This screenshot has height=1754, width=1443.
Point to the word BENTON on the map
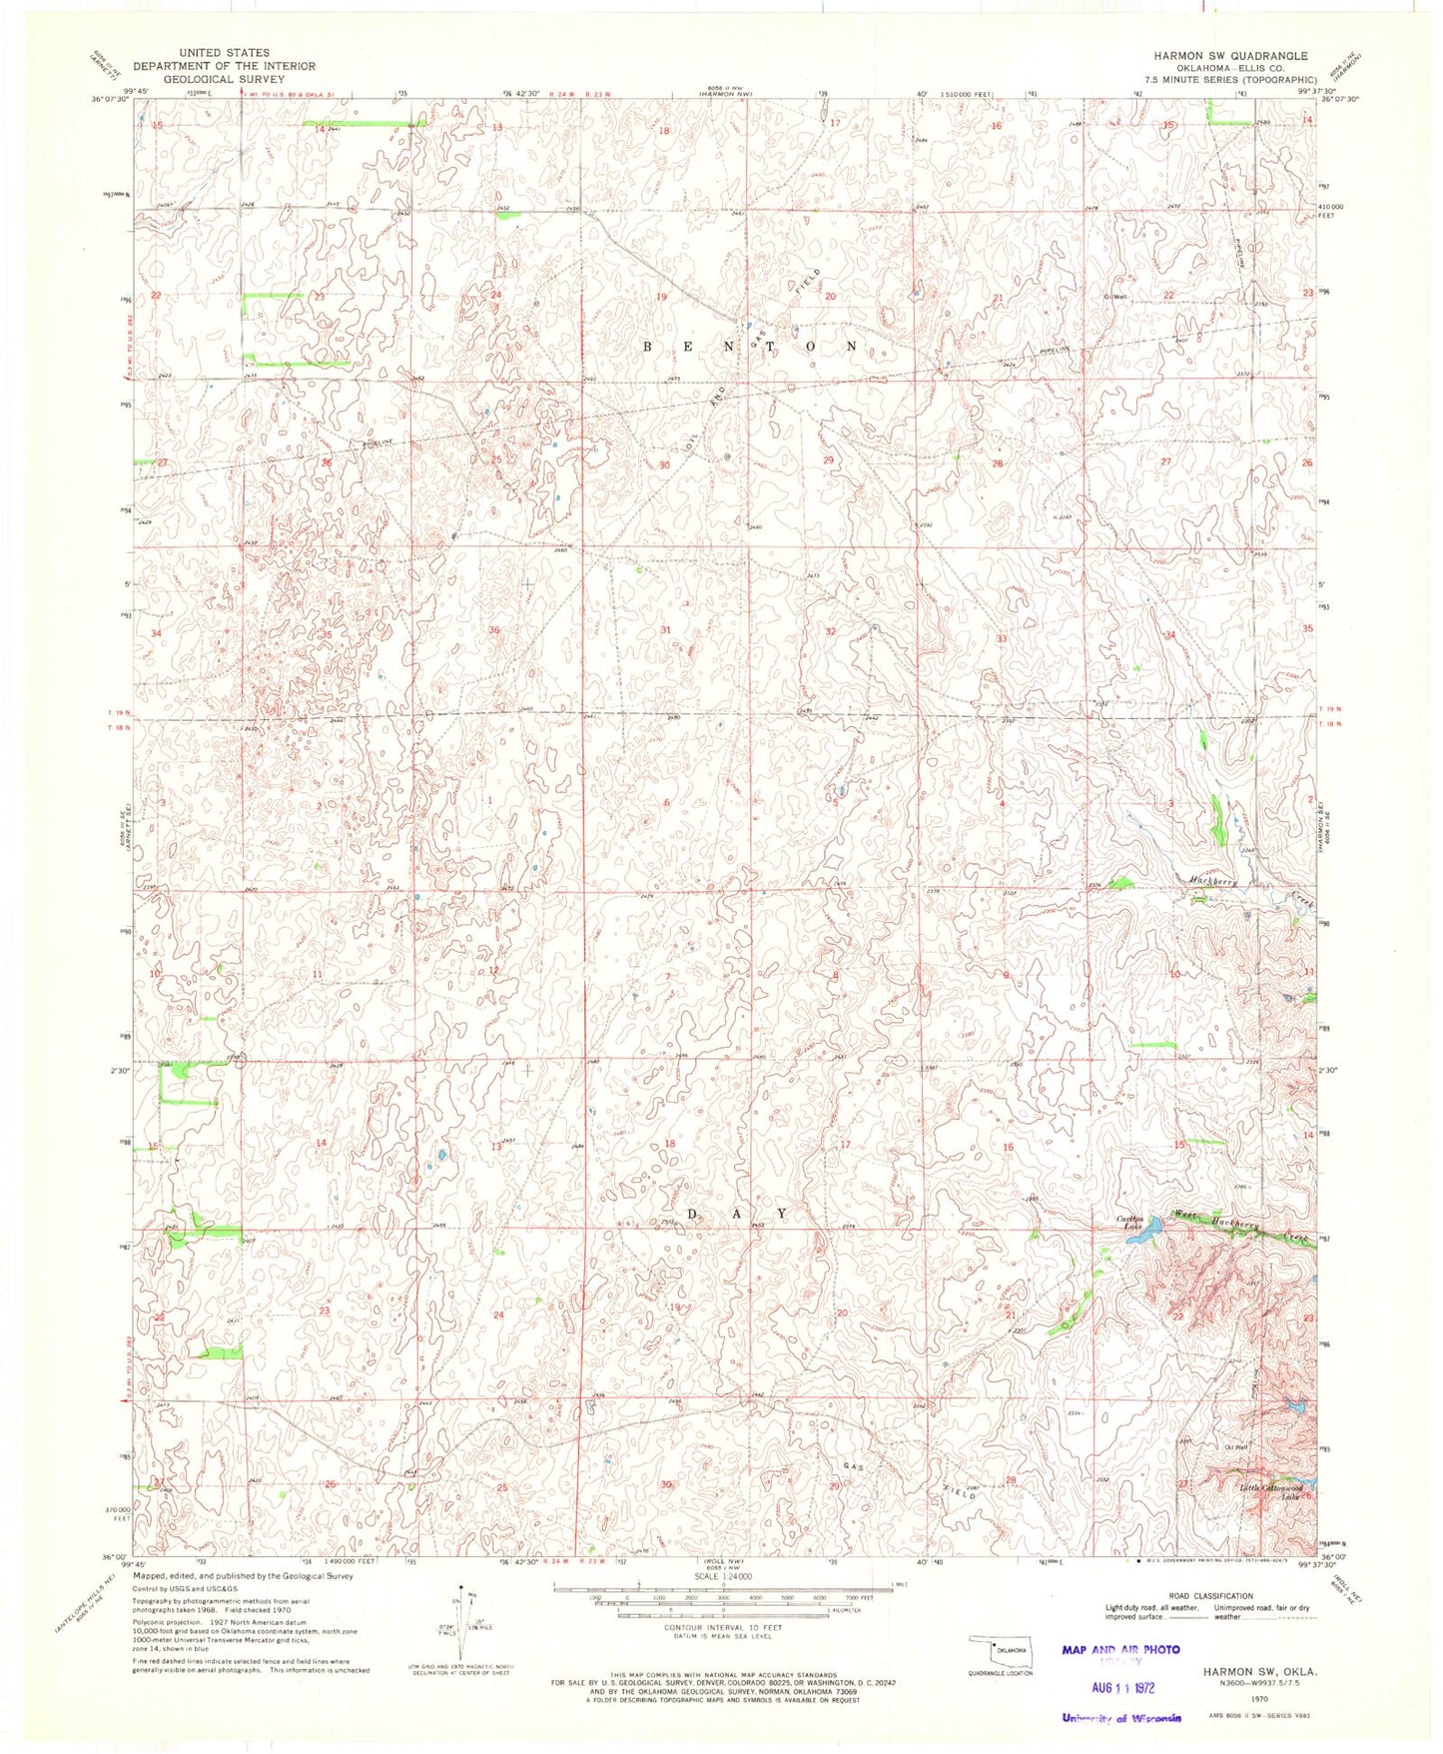(749, 347)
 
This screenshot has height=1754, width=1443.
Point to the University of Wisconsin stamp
(1120, 1718)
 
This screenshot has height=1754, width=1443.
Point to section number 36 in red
(494, 630)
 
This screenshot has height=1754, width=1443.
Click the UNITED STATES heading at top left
(225, 52)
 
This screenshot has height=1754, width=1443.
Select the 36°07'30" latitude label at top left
(110, 98)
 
